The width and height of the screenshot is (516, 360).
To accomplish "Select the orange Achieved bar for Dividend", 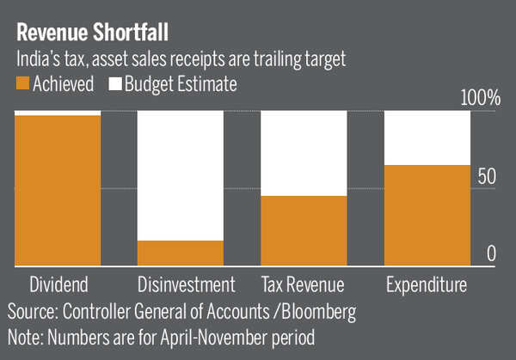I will tap(58, 190).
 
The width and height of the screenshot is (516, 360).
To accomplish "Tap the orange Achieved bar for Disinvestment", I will tap(180, 253).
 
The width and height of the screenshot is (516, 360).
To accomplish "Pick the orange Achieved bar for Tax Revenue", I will tap(303, 230).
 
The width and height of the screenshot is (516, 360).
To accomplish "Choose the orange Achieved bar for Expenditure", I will tap(427, 215).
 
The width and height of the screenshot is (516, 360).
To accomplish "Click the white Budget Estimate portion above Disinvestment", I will tap(180, 175).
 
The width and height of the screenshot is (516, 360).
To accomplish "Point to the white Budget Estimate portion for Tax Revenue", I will tap(303, 153).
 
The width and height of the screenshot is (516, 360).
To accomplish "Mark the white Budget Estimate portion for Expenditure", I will tap(427, 137).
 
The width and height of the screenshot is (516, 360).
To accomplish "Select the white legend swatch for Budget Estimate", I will tap(114, 84).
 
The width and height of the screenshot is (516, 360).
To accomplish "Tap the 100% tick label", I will tap(481, 98).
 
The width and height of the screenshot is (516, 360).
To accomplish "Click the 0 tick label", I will tap(492, 253).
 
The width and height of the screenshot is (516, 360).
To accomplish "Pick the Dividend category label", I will tap(58, 285).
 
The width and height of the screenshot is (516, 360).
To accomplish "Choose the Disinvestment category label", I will tap(186, 285).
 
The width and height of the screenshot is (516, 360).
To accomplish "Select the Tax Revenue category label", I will tap(303, 285).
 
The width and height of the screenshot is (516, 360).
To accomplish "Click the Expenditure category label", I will tap(427, 285).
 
